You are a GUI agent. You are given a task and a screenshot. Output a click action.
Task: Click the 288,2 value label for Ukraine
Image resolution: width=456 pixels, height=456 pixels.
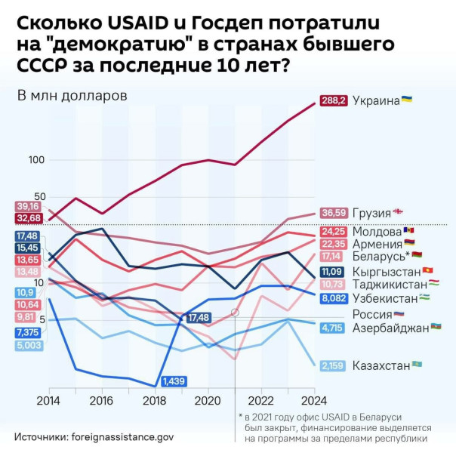pyautogui.click(x=334, y=100)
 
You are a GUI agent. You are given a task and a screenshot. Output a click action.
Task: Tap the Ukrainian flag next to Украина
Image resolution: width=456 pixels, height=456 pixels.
pyautogui.click(x=407, y=100)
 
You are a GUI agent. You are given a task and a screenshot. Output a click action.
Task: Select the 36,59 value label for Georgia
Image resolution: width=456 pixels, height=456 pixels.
pyautogui.click(x=333, y=213)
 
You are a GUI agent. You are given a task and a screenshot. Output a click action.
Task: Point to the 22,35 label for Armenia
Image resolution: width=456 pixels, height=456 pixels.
pyautogui.click(x=333, y=244)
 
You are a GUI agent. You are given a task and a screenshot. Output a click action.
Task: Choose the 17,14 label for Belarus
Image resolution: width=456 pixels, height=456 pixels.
pyautogui.click(x=333, y=257)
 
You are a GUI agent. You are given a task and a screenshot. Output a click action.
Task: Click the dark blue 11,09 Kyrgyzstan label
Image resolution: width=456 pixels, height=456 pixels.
pyautogui.click(x=333, y=272)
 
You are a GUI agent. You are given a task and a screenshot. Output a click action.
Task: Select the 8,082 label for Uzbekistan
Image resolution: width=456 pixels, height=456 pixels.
pyautogui.click(x=333, y=298)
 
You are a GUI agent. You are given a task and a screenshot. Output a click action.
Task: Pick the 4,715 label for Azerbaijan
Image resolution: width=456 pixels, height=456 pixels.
pyautogui.click(x=333, y=328)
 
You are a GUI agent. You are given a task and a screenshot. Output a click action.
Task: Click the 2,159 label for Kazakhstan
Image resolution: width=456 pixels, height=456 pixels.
pyautogui.click(x=333, y=365)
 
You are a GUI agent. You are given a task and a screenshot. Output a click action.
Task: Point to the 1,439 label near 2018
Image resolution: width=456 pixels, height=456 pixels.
pyautogui.click(x=174, y=381)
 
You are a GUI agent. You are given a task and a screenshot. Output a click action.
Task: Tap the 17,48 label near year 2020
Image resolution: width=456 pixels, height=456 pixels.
pyautogui.click(x=199, y=318)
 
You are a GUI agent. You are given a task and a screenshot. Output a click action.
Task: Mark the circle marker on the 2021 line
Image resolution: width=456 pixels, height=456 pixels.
pyautogui.click(x=235, y=312)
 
